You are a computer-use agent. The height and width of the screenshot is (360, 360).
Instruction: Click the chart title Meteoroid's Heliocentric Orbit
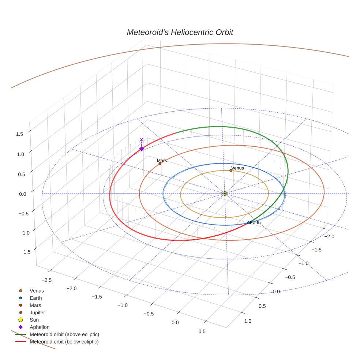click(180, 32)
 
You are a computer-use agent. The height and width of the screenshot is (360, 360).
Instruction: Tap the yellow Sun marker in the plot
click(225, 194)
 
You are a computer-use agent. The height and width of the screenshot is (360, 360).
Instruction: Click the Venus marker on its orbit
click(231, 170)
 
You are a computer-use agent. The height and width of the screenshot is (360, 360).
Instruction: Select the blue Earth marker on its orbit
click(248, 222)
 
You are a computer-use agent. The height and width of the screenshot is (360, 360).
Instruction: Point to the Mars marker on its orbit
click(160, 164)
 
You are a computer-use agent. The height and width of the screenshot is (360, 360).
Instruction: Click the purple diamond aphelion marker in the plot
click(142, 149)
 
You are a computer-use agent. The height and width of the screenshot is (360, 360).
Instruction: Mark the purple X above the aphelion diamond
click(142, 140)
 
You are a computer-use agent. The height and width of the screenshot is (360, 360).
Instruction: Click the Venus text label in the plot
click(237, 168)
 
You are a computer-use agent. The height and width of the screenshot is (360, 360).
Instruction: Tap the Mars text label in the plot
click(162, 160)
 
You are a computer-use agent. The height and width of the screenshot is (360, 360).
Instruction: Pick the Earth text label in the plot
click(255, 222)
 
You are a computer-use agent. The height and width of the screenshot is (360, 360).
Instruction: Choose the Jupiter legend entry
click(37, 312)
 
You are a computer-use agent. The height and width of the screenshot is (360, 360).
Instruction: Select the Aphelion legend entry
click(40, 327)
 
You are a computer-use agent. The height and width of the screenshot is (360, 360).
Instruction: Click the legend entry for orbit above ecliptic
click(64, 334)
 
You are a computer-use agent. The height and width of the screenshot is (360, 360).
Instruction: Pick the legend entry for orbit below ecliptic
click(64, 342)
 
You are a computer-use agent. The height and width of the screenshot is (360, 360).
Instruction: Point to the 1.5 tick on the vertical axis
click(19, 134)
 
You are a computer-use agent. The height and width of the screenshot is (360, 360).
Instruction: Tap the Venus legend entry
click(37, 290)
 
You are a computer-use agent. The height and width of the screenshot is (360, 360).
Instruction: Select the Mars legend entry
click(35, 305)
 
